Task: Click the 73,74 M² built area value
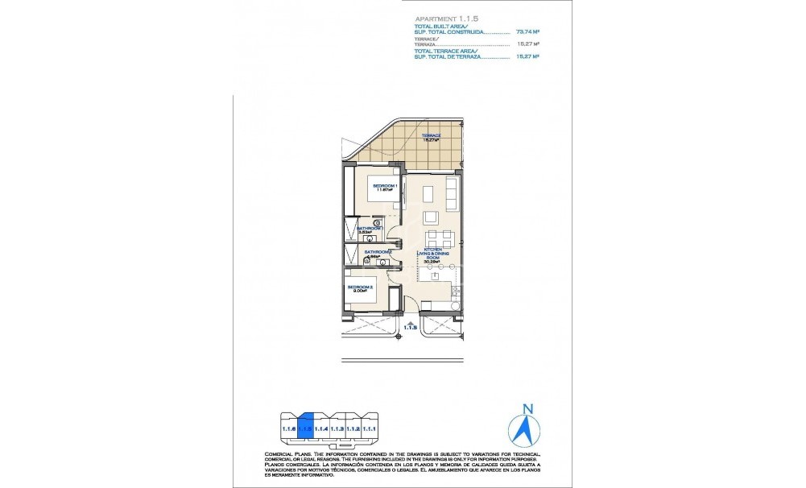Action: (x=527, y=31)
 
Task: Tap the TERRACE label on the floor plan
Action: (x=432, y=135)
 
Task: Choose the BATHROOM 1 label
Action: (x=369, y=230)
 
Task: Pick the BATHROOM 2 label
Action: (x=378, y=253)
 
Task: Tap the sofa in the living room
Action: (x=453, y=193)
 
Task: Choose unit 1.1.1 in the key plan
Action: (x=370, y=428)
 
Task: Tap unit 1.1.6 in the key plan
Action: (x=288, y=428)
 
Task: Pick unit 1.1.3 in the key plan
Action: (x=338, y=428)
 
